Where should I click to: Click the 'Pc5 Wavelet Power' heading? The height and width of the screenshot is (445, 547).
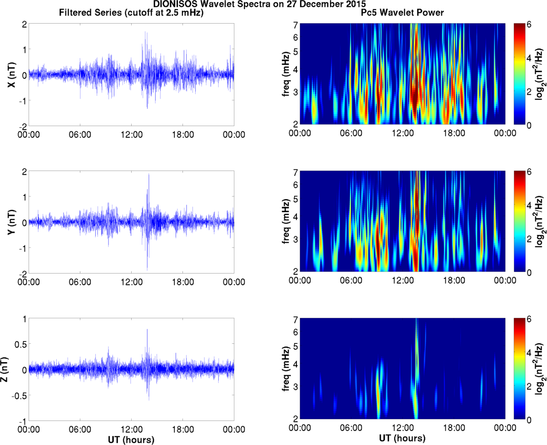(x=402, y=13)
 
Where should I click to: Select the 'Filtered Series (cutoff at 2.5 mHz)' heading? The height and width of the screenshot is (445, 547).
(x=131, y=13)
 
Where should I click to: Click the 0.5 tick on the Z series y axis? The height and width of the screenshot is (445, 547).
(x=20, y=344)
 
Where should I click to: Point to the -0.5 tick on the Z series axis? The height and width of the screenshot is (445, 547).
(x=18, y=395)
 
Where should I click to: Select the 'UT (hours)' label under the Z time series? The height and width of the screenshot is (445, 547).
(x=131, y=440)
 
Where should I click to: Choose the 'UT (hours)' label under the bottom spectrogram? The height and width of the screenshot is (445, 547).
(x=402, y=438)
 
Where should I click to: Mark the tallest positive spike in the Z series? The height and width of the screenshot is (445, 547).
(x=147, y=330)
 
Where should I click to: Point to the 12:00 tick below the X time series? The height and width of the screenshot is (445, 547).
(x=131, y=135)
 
